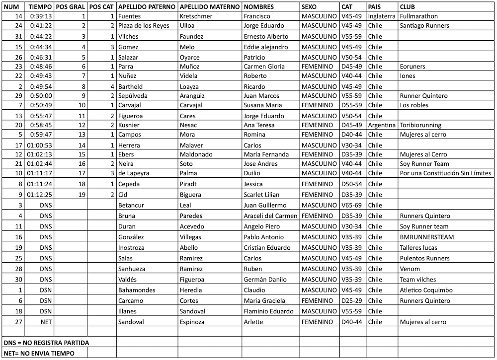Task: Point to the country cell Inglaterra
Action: [382, 16]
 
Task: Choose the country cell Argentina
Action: [382, 125]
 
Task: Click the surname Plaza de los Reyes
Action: [144, 25]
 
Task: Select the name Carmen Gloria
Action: [264, 66]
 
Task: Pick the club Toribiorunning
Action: [420, 125]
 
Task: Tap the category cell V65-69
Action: [352, 205]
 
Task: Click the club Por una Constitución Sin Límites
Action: [445, 173]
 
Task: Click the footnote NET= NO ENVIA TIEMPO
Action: [39, 353]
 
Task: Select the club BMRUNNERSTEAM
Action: [427, 237]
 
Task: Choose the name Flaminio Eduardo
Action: [268, 311]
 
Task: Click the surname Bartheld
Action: [130, 86]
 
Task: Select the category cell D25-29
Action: [352, 300]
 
